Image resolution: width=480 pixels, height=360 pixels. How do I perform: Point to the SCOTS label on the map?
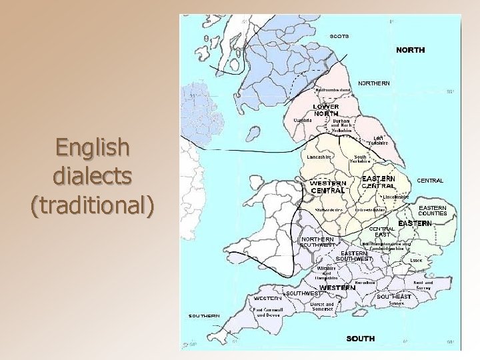tap(339, 36)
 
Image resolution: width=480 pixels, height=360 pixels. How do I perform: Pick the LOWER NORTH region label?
tap(326, 110)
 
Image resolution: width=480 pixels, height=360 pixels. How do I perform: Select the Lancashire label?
tap(319, 157)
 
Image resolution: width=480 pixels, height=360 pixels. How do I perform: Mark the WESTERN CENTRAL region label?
tap(328, 187)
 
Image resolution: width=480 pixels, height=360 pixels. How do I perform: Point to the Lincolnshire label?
tap(396, 197)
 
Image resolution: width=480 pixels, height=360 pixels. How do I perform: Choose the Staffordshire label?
tap(329, 210)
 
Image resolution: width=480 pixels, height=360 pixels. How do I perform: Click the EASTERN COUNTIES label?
tap(433, 211)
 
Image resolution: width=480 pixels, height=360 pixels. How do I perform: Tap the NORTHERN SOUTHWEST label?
tap(317, 242)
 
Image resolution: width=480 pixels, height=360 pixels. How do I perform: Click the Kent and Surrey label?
tap(423, 285)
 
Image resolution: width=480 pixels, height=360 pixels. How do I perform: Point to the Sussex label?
tap(396, 303)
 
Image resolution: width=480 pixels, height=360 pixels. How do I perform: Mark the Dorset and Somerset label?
tap(322, 307)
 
